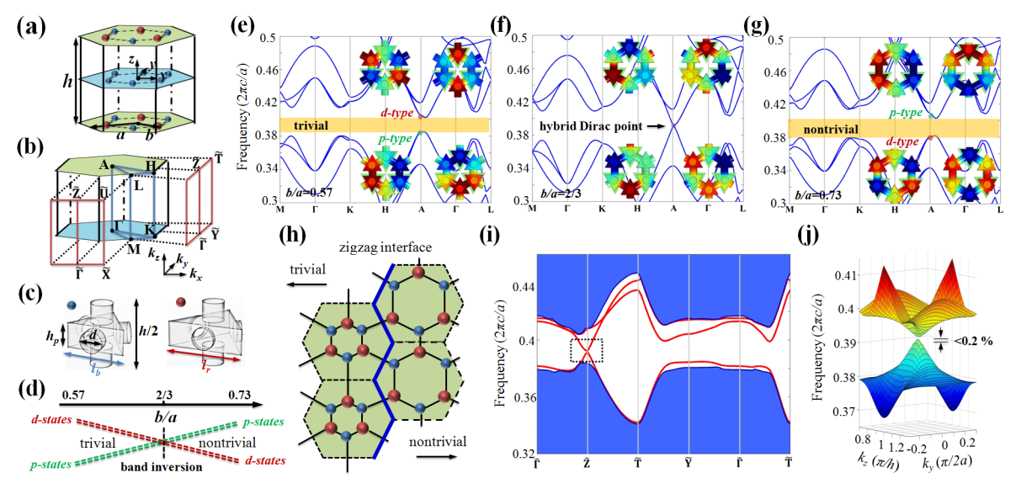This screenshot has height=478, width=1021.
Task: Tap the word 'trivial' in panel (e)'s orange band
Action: (311, 125)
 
